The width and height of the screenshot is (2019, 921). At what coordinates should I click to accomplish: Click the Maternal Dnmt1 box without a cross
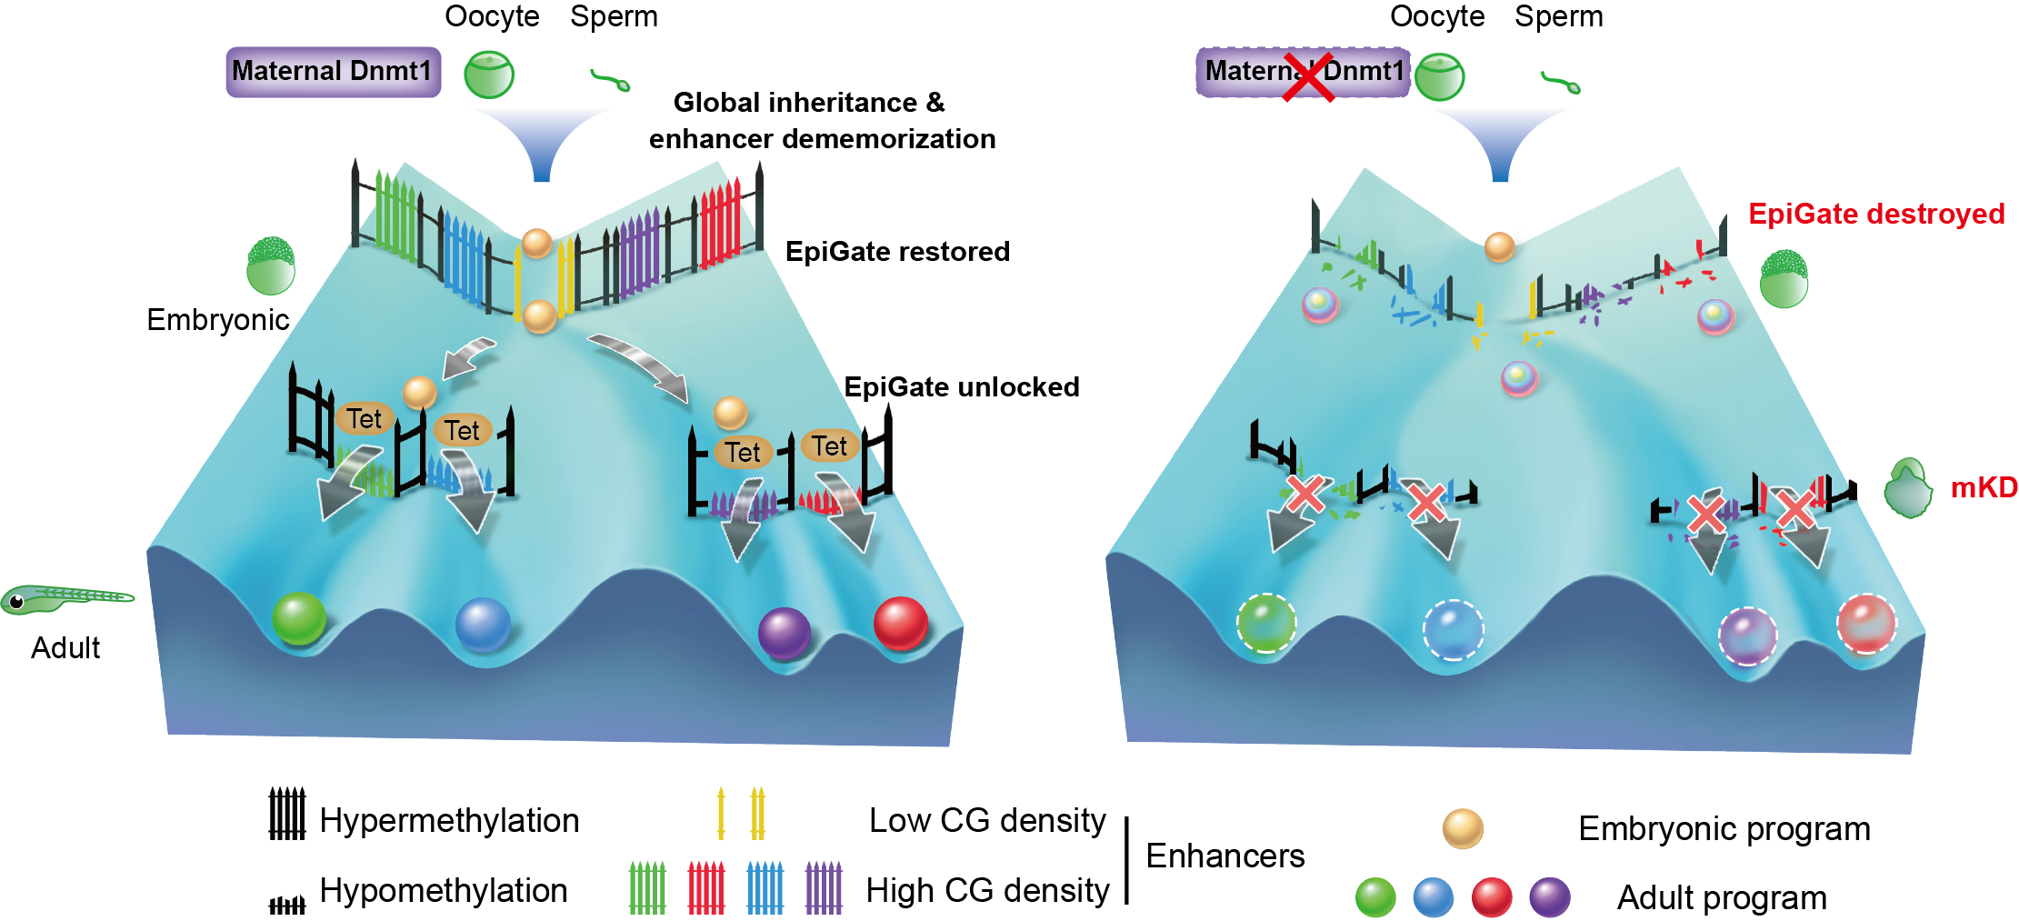click(x=333, y=72)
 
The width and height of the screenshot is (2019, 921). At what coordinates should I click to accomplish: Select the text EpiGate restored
click(x=897, y=252)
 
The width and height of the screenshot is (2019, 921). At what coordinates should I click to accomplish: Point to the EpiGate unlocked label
click(x=962, y=387)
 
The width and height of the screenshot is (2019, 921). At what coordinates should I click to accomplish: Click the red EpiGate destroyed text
click(x=1876, y=214)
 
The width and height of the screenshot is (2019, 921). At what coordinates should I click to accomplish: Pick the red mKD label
click(x=1984, y=488)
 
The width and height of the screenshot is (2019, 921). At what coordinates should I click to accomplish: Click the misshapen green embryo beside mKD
click(x=1908, y=489)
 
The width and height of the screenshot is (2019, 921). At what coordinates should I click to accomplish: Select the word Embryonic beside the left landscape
click(x=218, y=320)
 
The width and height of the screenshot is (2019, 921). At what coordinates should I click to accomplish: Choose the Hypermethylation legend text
click(x=449, y=821)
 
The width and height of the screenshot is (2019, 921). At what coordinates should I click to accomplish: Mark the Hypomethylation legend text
click(x=444, y=891)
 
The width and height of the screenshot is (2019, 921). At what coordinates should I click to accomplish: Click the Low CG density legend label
click(x=987, y=821)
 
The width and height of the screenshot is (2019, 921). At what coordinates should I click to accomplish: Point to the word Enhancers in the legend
click(x=1224, y=856)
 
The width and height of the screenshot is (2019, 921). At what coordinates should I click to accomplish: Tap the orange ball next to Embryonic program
click(x=1463, y=828)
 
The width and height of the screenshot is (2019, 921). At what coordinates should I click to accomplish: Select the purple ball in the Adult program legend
click(x=1549, y=897)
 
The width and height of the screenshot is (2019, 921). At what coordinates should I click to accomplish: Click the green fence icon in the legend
click(x=647, y=888)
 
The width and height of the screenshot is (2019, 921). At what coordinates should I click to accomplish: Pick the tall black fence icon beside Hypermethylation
click(x=287, y=814)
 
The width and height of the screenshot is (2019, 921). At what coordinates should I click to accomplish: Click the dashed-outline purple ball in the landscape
click(x=1746, y=636)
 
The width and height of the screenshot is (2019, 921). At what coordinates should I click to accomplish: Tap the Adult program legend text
click(x=1722, y=898)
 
